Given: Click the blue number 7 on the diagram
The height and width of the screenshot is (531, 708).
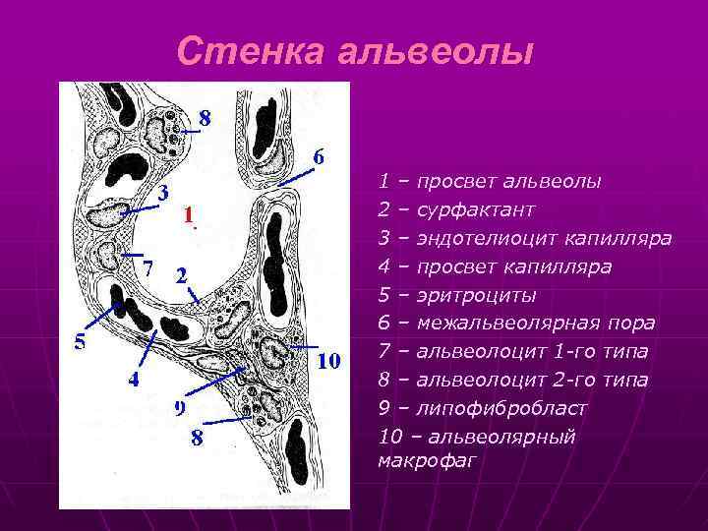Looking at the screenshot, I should click(x=147, y=267).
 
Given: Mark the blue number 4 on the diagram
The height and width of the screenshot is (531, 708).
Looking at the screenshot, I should click(x=134, y=380).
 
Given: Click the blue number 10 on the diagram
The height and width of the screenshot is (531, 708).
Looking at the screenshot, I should click(x=328, y=361).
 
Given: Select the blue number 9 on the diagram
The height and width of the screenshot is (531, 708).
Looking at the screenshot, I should click(x=181, y=407).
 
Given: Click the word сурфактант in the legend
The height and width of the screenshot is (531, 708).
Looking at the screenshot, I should click(x=476, y=210).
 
